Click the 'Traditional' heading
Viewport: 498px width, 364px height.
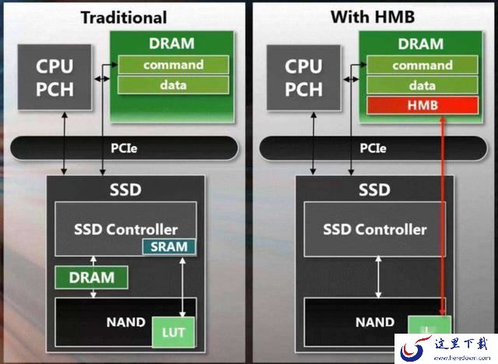tap(124, 17)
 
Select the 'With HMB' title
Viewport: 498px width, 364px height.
tap(373, 16)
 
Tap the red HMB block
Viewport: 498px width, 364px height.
tap(423, 105)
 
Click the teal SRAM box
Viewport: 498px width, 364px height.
tap(169, 247)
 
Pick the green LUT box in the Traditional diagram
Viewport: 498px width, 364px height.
tap(174, 332)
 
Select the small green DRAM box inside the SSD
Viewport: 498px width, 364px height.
tap(92, 278)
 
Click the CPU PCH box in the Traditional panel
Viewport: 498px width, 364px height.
tap(54, 78)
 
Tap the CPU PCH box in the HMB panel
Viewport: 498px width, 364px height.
tap(303, 78)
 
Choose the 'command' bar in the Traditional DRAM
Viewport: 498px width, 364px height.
tap(174, 65)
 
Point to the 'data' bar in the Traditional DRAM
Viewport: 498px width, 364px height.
tap(174, 85)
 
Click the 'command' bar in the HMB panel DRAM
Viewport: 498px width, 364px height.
tap(423, 65)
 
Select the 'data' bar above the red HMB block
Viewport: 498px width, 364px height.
tap(423, 86)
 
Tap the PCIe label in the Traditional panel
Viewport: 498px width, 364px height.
tap(124, 149)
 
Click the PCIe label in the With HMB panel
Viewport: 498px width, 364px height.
tap(373, 149)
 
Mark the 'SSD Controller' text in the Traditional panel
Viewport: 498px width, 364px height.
tap(126, 229)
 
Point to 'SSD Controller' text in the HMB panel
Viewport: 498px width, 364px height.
tap(375, 229)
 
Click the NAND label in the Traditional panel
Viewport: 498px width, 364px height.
tap(126, 322)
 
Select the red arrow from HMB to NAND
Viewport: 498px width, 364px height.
tap(443, 216)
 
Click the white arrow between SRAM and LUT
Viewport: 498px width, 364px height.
tap(183, 287)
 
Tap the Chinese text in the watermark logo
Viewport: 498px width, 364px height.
tap(461, 345)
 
